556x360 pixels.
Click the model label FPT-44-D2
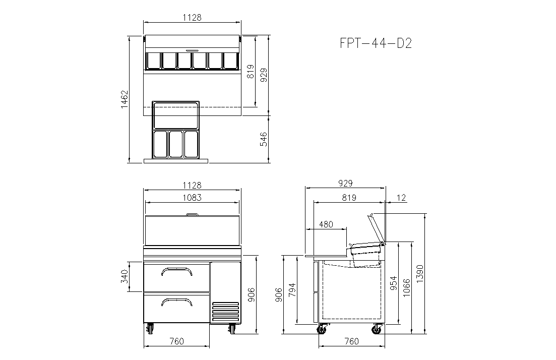click(376, 43)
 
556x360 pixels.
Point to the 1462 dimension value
click(124, 99)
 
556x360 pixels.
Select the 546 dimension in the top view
click(264, 139)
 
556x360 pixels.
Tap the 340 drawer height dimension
click(124, 277)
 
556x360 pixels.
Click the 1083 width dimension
click(192, 198)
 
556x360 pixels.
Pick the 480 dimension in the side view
click(326, 224)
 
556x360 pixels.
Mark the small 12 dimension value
click(401, 198)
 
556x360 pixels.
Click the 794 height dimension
click(292, 290)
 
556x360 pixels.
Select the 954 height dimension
click(394, 283)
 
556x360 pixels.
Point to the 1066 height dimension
click(406, 288)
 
